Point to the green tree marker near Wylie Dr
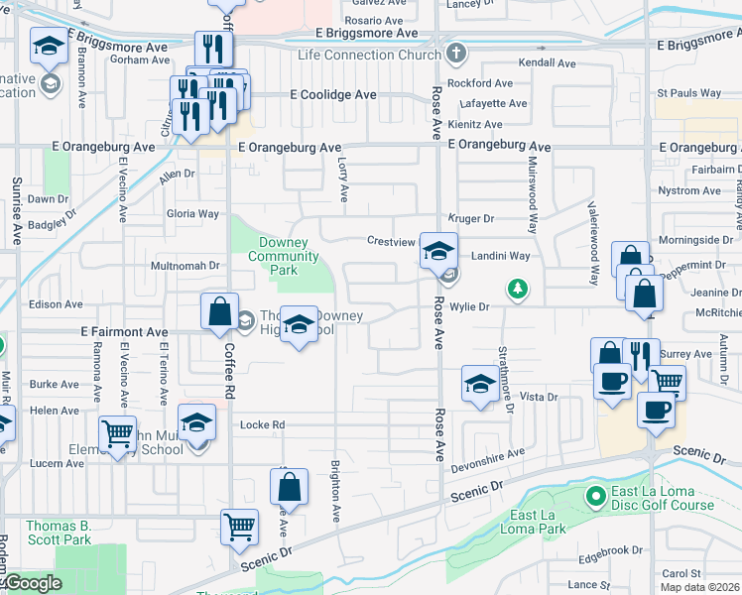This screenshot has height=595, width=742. (516, 290)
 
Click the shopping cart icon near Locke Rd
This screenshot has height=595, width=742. (118, 432)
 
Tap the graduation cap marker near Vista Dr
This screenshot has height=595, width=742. (480, 384)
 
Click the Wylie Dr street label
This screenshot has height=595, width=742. (470, 307)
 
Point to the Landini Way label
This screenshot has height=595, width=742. (500, 255)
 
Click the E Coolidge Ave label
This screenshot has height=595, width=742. (332, 94)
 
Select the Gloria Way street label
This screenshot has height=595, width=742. (192, 213)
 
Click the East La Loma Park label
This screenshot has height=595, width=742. (538, 522)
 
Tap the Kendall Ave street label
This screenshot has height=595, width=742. (547, 63)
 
